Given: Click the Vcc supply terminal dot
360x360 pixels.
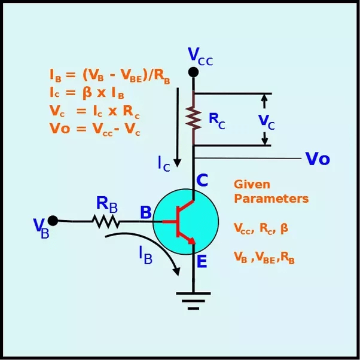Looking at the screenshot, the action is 193,72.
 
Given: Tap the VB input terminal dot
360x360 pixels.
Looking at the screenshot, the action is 53,221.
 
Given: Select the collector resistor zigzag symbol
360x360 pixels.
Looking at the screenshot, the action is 194,118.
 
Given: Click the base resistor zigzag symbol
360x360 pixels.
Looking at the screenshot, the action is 106,221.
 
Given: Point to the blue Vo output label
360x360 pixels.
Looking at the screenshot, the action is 318,158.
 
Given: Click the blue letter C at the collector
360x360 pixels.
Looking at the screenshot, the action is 202,180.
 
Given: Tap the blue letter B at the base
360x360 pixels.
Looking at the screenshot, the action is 146,212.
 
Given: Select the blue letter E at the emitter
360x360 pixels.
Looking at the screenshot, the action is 202,261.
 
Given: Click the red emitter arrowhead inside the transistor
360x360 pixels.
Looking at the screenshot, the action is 191,241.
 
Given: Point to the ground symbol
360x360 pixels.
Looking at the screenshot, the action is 193,301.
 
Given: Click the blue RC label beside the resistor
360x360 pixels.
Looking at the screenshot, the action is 217,121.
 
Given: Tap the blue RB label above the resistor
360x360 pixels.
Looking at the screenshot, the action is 107,205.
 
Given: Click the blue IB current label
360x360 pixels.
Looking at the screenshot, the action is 146,255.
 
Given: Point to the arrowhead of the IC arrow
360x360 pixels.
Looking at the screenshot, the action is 177,163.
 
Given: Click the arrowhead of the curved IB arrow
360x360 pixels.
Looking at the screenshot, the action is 176,271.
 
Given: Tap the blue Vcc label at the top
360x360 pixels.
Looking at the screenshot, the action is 200,56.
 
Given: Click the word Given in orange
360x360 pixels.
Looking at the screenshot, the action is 252,184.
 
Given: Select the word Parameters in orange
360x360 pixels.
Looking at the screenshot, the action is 271,199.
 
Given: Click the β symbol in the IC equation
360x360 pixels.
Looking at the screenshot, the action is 87,93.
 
